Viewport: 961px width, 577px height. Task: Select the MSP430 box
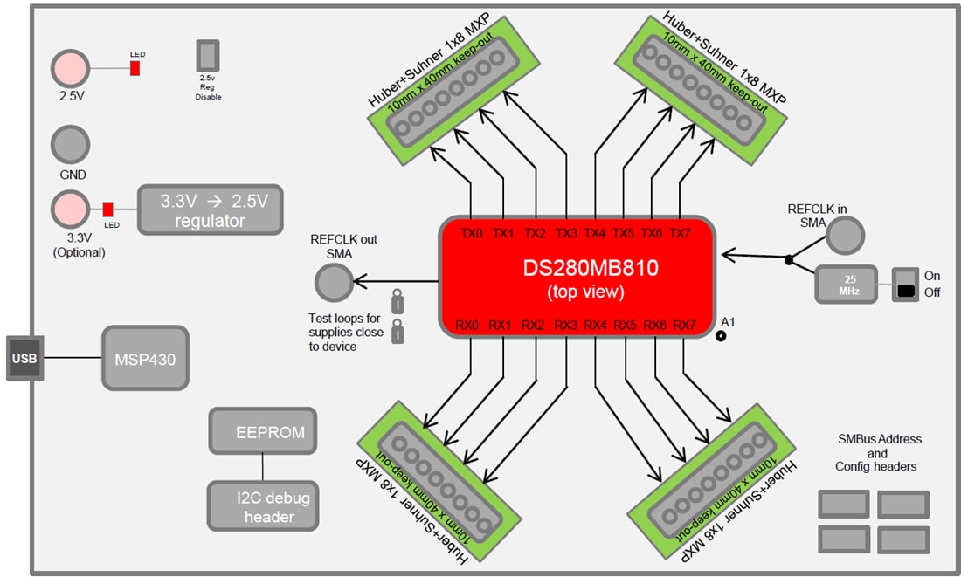(145, 358)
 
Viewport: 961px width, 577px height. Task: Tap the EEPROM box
(262, 431)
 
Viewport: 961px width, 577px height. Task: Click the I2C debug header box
(262, 506)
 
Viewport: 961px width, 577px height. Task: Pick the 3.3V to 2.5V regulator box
(211, 210)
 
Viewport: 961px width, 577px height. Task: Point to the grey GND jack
(71, 144)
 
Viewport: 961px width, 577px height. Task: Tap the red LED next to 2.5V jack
(135, 68)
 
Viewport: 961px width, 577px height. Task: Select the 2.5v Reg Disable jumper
(208, 56)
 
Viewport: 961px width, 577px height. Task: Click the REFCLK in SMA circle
(846, 234)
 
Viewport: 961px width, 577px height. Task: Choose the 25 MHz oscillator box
(846, 284)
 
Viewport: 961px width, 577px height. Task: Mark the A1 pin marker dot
(722, 335)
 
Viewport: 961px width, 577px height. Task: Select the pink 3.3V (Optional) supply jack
(71, 210)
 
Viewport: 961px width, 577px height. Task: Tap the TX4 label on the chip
(594, 233)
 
